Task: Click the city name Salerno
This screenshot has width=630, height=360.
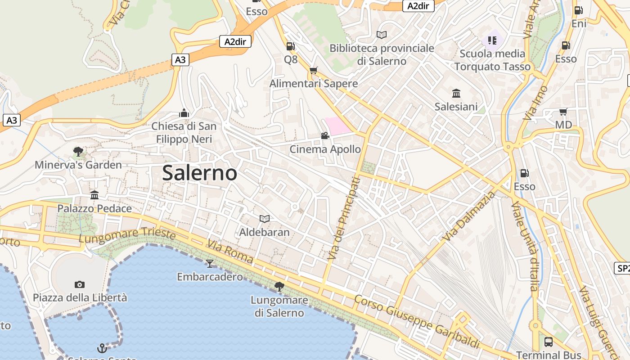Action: [x=199, y=173]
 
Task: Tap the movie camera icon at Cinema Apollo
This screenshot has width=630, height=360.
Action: [x=325, y=135]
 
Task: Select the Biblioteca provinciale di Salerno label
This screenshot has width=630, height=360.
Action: [x=382, y=54]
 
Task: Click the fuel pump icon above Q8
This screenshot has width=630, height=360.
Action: [x=291, y=46]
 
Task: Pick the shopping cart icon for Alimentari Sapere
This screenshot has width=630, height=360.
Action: [x=314, y=70]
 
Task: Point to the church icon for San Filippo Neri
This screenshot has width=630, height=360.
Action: [x=184, y=112]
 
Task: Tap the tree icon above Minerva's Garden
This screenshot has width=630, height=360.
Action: [x=78, y=151]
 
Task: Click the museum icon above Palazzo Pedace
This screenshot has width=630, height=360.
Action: [x=94, y=195]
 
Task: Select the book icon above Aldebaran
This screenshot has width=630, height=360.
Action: [x=265, y=219]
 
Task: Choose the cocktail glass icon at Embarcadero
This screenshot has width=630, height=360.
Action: [x=209, y=263]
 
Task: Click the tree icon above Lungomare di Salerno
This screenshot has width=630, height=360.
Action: [x=279, y=286]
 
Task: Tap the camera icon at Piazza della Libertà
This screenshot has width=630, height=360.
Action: [x=80, y=284]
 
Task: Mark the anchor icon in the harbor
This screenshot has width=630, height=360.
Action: [x=102, y=348]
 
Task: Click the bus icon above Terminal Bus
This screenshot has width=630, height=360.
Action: [x=549, y=342]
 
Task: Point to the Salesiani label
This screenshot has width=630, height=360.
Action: [x=456, y=107]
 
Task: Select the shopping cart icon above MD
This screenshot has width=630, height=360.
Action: [x=563, y=112]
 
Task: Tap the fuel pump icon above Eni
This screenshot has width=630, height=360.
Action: [x=579, y=10]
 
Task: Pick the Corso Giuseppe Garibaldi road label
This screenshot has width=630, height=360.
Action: [x=417, y=321]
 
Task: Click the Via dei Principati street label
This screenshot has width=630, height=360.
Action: [x=344, y=219]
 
